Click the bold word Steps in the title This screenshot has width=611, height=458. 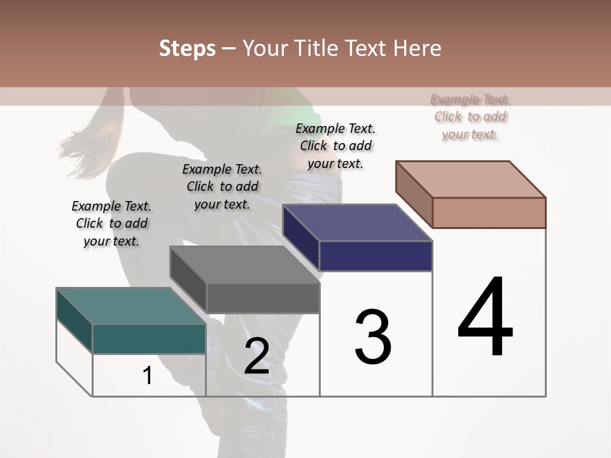[186, 48]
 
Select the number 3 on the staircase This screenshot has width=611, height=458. [373, 337]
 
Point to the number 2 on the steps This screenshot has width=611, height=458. [256, 356]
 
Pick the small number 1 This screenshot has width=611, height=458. [148, 376]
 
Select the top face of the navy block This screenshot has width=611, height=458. [358, 223]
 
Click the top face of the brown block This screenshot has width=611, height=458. [471, 179]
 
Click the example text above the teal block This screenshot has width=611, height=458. [111, 223]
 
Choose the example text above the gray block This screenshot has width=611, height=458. [222, 186]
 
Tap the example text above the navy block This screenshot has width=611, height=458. [335, 146]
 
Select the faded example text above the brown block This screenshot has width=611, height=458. [470, 116]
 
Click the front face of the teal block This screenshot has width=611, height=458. [149, 338]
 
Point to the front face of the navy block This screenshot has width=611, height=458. [376, 256]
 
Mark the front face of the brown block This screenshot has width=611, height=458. [489, 212]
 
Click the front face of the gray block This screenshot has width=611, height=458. [262, 298]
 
